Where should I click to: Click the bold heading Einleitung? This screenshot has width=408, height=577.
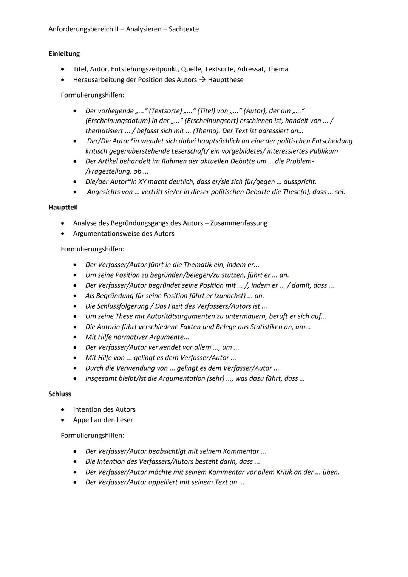coord(64,54)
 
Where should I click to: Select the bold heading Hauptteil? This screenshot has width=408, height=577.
coord(63,208)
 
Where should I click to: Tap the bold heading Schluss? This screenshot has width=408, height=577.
coord(60,394)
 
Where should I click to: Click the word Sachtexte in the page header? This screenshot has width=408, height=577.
coord(184,29)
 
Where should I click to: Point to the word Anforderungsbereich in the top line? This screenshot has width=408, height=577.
coord(81,29)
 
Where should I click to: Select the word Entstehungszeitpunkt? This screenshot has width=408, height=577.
coord(145,69)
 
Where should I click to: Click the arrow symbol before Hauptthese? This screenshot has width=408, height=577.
coord(202,80)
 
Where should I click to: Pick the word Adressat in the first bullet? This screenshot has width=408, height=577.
coord(251,69)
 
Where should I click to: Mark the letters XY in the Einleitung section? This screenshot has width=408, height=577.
coord(142,182)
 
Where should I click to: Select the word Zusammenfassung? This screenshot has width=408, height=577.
coord(238,223)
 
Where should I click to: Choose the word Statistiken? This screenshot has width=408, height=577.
coord(268,327)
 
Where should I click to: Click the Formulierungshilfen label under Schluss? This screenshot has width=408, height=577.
coord(92,436)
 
